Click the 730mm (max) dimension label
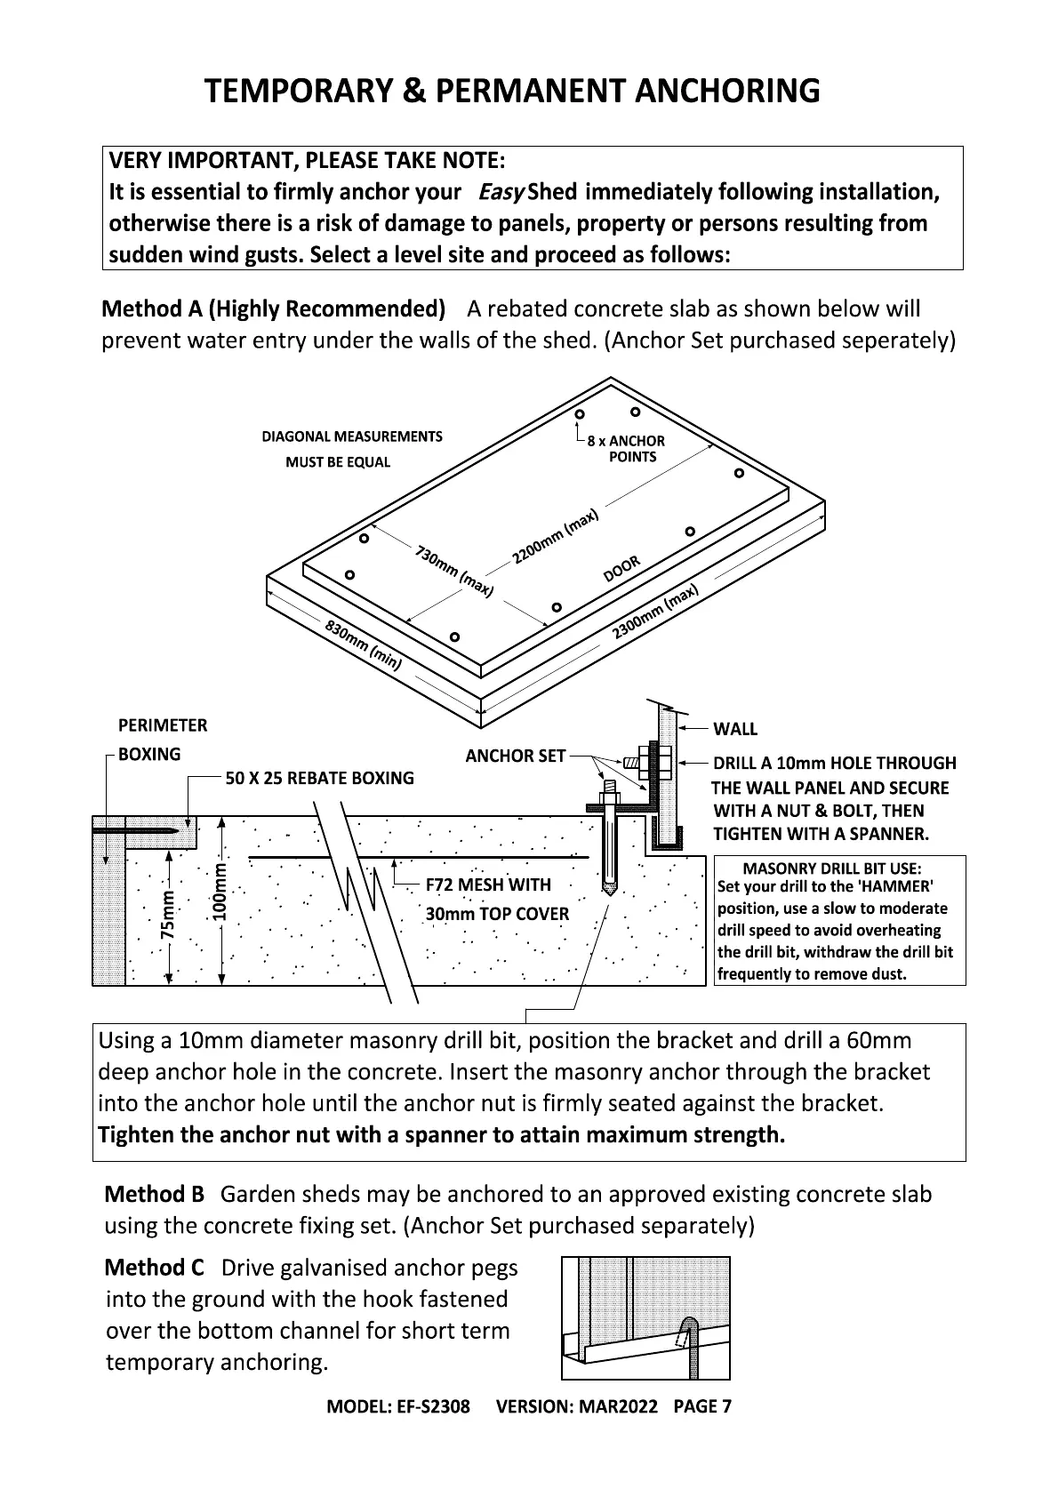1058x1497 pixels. pos(453,571)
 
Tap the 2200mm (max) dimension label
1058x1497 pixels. pos(556,538)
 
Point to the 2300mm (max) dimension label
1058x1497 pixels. pos(655,612)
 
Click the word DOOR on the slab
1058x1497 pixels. pos(621,569)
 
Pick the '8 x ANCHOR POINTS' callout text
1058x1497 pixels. pos(626,449)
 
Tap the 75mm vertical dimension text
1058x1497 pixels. pos(167,916)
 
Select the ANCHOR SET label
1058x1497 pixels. pos(516,756)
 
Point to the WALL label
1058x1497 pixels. pos(735,729)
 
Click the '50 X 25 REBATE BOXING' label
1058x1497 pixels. pos(319,778)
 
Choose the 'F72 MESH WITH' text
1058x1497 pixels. pos(488,885)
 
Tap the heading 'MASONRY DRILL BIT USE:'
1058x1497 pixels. pos(832,869)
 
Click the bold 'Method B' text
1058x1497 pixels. pos(155,1194)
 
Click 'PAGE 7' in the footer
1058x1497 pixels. pos(702,1406)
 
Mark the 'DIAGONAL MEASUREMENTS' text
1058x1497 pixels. pos(352,436)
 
